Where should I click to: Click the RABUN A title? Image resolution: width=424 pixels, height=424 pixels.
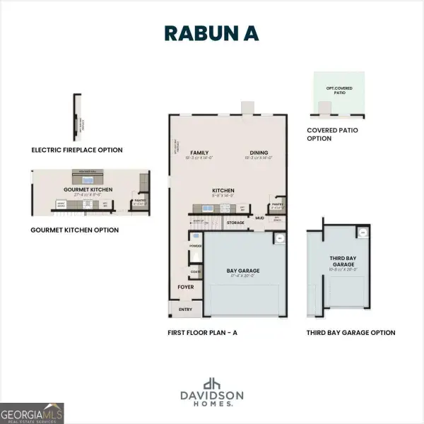211,33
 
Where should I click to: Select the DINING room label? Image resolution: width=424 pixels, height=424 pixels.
259,153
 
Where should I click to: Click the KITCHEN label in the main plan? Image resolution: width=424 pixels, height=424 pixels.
223,190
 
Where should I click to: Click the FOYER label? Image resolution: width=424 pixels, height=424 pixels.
185,288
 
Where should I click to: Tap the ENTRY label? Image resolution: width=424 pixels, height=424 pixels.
185,309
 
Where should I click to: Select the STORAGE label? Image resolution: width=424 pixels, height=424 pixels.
235,223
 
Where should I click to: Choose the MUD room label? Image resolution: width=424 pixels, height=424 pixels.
259,218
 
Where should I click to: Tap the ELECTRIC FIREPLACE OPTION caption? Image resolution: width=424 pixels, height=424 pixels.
77,150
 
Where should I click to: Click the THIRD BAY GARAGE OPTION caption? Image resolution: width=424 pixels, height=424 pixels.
351,332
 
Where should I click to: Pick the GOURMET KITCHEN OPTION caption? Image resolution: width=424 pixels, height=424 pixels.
74,230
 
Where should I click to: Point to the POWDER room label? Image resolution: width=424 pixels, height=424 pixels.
195,246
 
